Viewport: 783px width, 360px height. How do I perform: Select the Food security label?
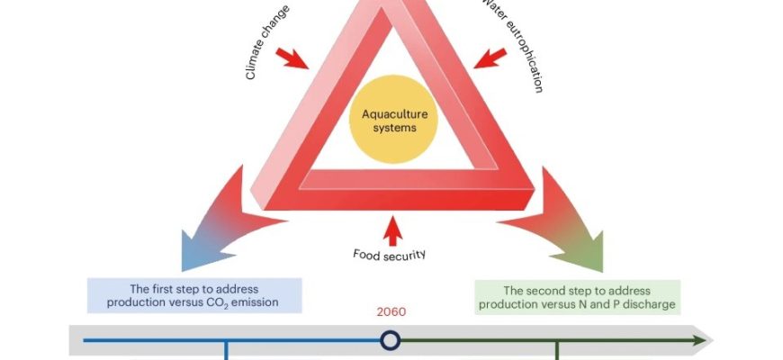click(x=390, y=255)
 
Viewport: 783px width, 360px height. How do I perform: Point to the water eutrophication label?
click(x=517, y=45)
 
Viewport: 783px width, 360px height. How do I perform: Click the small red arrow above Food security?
click(x=391, y=229)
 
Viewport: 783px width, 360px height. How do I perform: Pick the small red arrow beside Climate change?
click(x=296, y=59)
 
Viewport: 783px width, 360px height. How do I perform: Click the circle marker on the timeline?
click(x=390, y=340)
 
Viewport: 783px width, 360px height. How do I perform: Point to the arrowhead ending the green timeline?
click(x=698, y=340)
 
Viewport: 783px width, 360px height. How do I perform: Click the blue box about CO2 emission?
click(x=194, y=295)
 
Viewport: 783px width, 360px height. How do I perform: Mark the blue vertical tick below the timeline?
click(x=225, y=351)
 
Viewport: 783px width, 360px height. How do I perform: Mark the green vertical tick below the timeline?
click(x=558, y=351)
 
